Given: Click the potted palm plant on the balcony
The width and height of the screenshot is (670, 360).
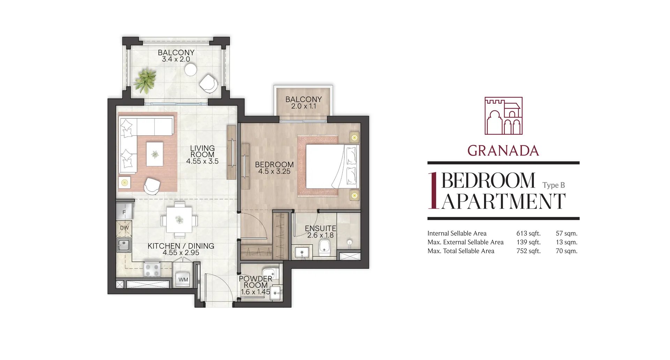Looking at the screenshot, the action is point(145,81).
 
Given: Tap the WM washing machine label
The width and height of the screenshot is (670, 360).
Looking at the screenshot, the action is point(183,280).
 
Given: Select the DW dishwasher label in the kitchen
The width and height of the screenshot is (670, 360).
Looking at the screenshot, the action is point(125,228).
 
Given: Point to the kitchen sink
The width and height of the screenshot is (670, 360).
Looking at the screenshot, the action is point(124,245).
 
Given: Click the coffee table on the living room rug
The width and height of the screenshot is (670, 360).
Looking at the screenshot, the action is point(155,154).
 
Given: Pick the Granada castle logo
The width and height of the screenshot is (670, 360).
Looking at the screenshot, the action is point(504,116).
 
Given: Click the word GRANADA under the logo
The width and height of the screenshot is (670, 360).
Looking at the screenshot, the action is point(503,151).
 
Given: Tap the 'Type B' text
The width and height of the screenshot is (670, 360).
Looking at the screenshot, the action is point(554,185).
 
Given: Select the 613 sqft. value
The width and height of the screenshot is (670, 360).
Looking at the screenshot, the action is point(528,233).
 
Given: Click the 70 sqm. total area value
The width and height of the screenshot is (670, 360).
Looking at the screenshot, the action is point(566,251).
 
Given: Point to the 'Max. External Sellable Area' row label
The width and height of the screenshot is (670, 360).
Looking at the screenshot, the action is point(466,242).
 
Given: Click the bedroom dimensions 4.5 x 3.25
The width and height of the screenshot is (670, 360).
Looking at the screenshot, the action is point(274,171).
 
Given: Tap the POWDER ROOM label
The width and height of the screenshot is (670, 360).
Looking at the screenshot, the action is point(255,282).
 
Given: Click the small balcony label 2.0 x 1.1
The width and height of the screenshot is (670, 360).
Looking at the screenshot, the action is point(304,106).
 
